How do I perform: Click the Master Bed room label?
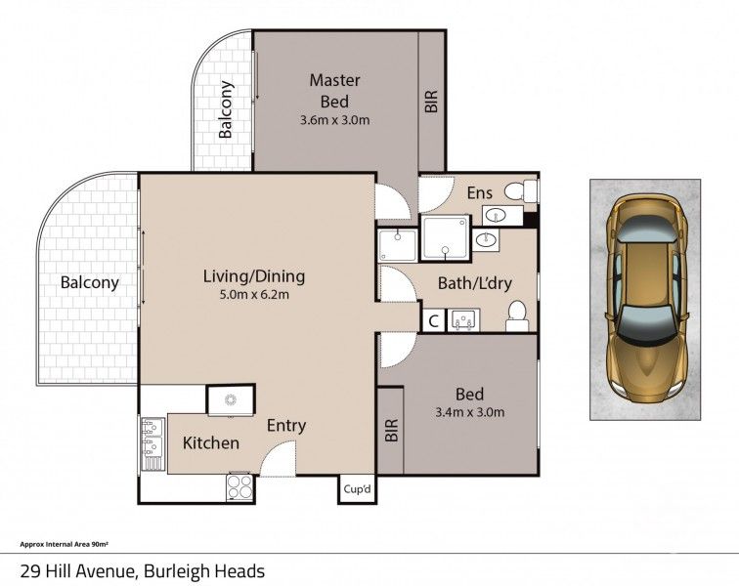[335, 90]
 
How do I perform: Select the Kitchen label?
[211, 442]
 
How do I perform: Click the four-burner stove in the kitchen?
[240, 485]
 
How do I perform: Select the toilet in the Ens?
[529, 191]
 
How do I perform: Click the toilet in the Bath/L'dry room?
[517, 315]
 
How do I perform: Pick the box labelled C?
[432, 319]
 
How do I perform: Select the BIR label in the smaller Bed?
[391, 431]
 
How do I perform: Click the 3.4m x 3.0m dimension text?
[470, 412]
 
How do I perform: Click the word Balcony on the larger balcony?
[89, 283]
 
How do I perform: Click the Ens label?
[478, 192]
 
